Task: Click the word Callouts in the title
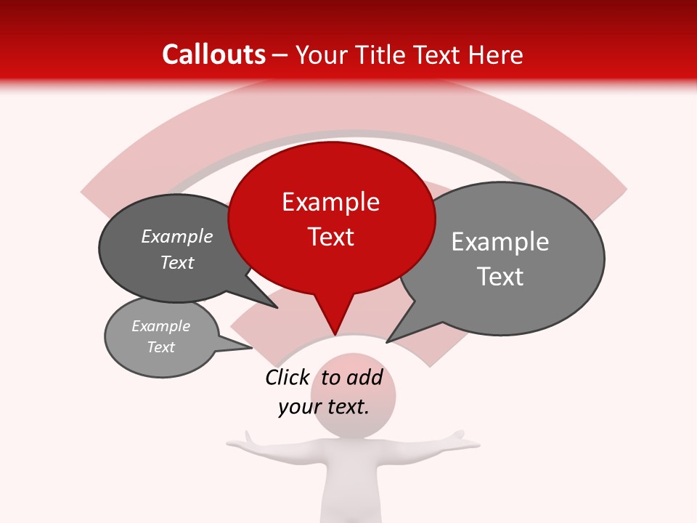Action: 213,54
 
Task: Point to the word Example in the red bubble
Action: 331,202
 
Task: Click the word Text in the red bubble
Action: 331,237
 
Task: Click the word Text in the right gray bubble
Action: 500,277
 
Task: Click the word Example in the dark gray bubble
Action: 177,237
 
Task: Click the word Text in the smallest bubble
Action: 161,347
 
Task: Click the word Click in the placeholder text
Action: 287,377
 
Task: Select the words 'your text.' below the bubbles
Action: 324,407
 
